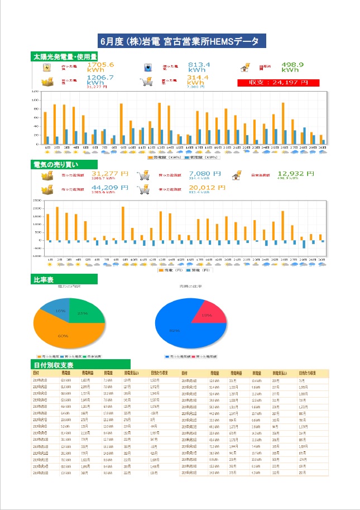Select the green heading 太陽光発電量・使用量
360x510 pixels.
pyautogui.click(x=65, y=56)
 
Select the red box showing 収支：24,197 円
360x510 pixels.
pyautogui.click(x=278, y=82)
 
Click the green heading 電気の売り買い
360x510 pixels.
pyautogui.click(x=56, y=164)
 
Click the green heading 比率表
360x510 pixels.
pyautogui.click(x=48, y=278)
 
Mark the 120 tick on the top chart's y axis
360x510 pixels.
pyautogui.click(x=35, y=91)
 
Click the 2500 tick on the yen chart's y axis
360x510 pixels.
pyautogui.click(x=37, y=201)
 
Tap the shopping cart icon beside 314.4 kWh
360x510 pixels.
pyautogui.click(x=146, y=81)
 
